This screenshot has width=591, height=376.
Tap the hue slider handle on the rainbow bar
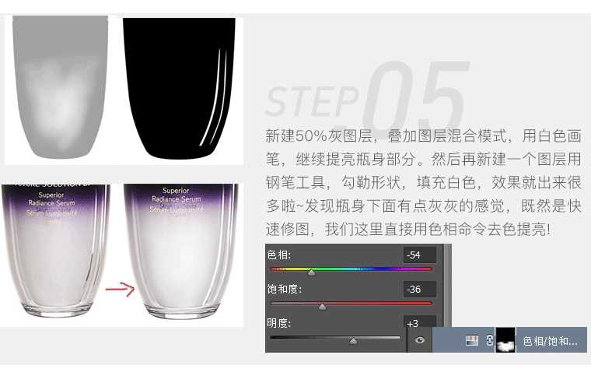point(312,272)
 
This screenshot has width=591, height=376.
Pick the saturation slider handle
point(322,307)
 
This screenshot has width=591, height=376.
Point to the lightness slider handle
point(353,340)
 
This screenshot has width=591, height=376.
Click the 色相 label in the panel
point(278,255)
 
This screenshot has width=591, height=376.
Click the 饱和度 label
point(283,290)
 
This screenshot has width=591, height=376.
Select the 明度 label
point(278,323)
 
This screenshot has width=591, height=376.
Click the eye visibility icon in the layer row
point(420,340)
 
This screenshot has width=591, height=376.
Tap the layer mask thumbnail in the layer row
point(505,340)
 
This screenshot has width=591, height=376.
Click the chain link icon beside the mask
point(490,340)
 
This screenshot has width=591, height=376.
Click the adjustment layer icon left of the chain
point(470,340)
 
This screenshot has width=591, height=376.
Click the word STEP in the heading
point(311,100)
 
